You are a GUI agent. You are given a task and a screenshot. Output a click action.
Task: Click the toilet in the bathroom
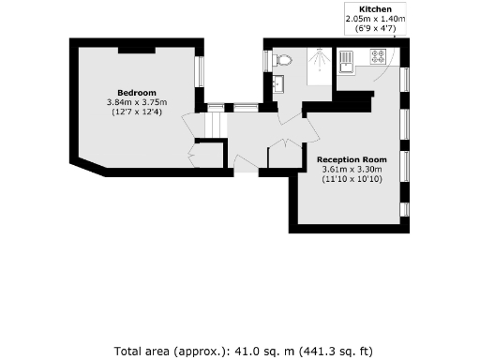coord(285,60)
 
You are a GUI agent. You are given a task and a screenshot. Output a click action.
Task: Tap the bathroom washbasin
coord(277,83)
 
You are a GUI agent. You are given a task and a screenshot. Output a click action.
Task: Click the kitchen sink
coord(345,62)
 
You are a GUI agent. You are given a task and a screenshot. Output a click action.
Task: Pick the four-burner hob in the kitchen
coord(382,58)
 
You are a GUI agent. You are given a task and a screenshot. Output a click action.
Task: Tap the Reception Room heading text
coord(351,159)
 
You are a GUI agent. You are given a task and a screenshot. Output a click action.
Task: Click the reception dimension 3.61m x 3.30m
coord(352,169)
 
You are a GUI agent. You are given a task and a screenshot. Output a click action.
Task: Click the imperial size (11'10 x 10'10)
coord(352,178)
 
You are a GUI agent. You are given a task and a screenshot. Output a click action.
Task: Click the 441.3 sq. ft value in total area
coord(322,351)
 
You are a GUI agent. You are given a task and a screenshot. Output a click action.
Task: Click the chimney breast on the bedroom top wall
coord(136,48)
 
